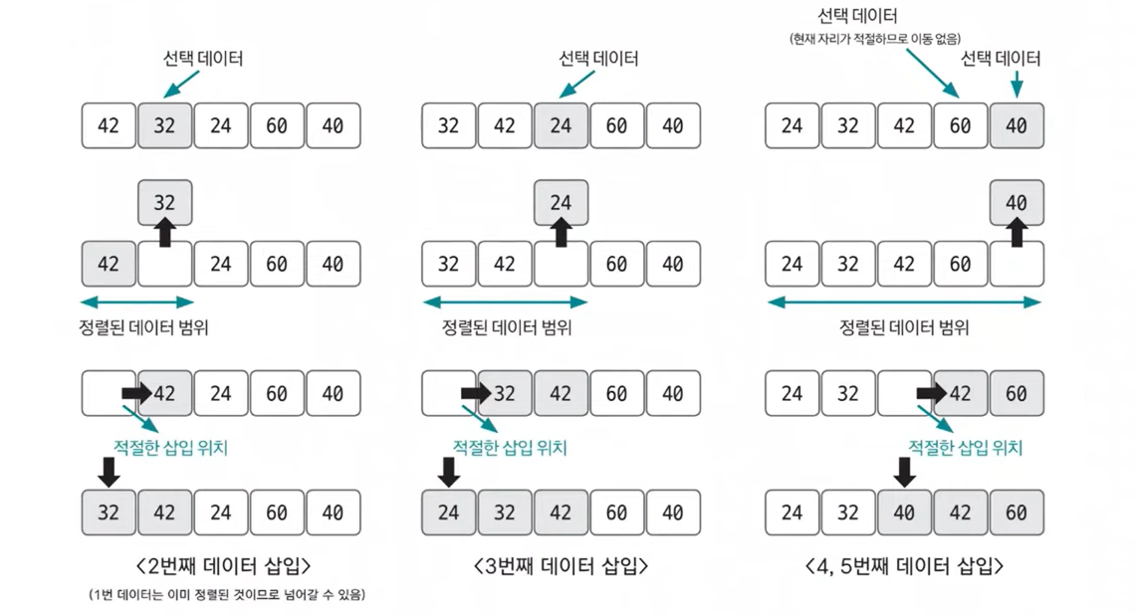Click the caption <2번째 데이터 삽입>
pos(222,566)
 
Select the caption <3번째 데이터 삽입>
pos(561,566)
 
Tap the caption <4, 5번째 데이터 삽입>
pos(904,566)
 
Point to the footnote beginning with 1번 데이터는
pos(227,595)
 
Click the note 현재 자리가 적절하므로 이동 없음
pos(875,39)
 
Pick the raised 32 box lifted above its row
pos(164,203)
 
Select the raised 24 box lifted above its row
pos(561,203)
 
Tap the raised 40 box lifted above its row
pos(1017,203)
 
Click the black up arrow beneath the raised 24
pos(561,233)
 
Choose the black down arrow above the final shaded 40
pos(904,471)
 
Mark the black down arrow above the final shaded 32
pos(110,471)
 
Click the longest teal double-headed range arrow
pos(904,302)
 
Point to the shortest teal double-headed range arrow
pos(137,302)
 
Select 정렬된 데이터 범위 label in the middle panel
pos(507,327)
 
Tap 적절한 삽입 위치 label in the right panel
pos(965,448)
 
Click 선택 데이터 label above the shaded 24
pos(598,59)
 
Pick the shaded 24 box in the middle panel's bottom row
pos(449,512)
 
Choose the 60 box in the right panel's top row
pos(960,126)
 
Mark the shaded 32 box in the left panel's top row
pos(164,126)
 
